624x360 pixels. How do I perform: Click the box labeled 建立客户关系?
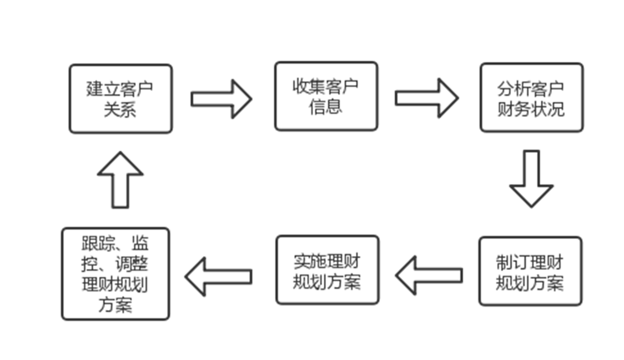pos(120,99)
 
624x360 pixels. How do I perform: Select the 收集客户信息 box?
pos(326,96)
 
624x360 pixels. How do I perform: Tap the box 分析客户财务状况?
pos(531,98)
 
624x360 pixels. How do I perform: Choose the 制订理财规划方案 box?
pos(530,272)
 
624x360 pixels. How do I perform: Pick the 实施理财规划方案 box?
pos(328,270)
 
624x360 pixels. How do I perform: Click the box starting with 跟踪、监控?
pos(115,274)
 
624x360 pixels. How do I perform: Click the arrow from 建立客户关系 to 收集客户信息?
pos(222,99)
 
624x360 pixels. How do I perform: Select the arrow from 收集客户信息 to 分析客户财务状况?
pos(426,98)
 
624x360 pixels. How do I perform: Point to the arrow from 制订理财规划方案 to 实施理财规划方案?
pos(429,275)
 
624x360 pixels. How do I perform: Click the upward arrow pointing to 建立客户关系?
pos(120,179)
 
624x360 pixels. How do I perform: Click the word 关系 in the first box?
pos(120,109)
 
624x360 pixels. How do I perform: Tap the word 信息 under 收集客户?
pos(326,107)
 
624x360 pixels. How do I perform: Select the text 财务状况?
pos(531,108)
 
